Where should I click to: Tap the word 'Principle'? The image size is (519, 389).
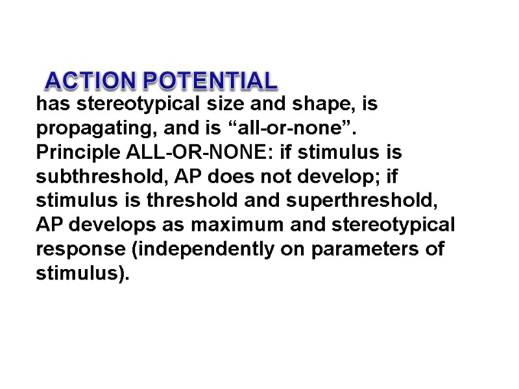pos(75,154)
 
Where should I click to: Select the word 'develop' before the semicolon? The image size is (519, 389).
pos(340,178)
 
